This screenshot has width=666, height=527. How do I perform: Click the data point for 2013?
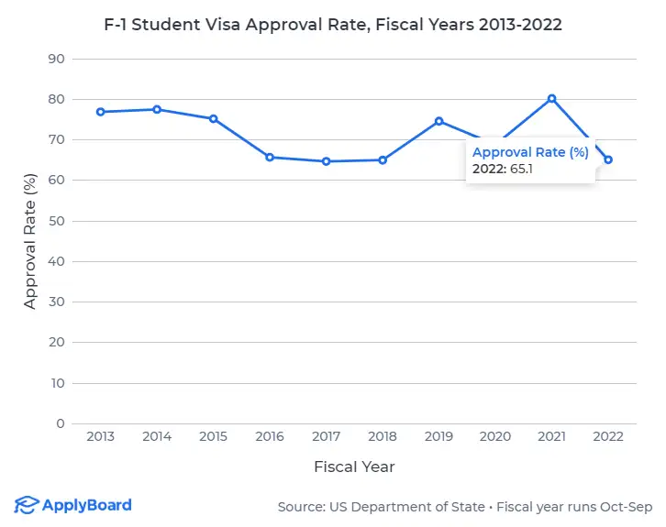click(x=101, y=112)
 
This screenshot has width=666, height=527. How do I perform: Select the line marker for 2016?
click(x=270, y=157)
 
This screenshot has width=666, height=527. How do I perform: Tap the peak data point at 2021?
click(x=551, y=98)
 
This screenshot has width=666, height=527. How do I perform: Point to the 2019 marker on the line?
click(x=438, y=121)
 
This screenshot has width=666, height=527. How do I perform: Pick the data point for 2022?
click(x=607, y=159)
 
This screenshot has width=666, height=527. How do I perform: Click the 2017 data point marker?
click(x=326, y=161)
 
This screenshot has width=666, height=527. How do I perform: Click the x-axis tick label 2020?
click(x=494, y=437)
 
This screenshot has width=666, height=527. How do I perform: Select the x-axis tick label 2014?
click(x=157, y=437)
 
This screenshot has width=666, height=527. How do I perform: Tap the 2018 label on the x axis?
click(x=383, y=437)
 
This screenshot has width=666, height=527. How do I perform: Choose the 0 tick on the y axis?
click(x=59, y=423)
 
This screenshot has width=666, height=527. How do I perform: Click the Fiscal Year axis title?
click(x=354, y=467)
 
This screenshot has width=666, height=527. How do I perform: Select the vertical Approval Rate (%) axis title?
click(x=30, y=241)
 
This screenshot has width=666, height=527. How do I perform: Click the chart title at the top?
click(x=333, y=25)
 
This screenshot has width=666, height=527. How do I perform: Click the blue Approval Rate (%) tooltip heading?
click(x=530, y=153)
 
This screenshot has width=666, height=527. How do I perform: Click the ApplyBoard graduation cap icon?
click(x=27, y=505)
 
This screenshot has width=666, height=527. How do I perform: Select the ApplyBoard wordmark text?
click(x=87, y=505)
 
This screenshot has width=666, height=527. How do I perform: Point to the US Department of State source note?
click(x=465, y=507)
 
